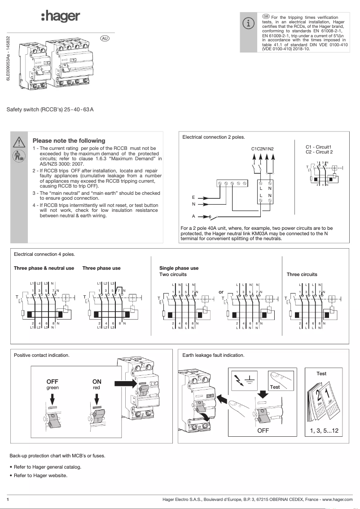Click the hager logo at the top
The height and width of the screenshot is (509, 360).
pyautogui.click(x=60, y=17)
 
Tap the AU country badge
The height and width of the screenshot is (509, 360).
pyautogui.click(x=105, y=39)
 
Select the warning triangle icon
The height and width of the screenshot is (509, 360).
pyautogui.click(x=19, y=142)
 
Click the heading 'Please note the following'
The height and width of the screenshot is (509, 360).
pyautogui.click(x=69, y=140)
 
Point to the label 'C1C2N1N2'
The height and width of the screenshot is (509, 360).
pyautogui.click(x=262, y=149)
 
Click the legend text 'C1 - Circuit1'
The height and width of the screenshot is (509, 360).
pyautogui.click(x=318, y=147)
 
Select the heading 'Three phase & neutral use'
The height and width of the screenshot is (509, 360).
pyautogui.click(x=44, y=268)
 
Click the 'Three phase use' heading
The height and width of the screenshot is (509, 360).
pyautogui.click(x=101, y=268)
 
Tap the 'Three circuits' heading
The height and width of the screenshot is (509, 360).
pyautogui.click(x=302, y=274)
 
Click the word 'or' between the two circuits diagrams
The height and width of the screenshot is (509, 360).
pyautogui.click(x=221, y=292)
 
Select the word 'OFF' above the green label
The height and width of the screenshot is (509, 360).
pyautogui.click(x=53, y=382)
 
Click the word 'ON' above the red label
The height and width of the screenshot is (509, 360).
pyautogui.click(x=97, y=382)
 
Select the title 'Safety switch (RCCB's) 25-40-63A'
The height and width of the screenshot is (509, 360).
pyautogui.click(x=50, y=109)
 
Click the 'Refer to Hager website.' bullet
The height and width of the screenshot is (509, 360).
pyautogui.click(x=40, y=475)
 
